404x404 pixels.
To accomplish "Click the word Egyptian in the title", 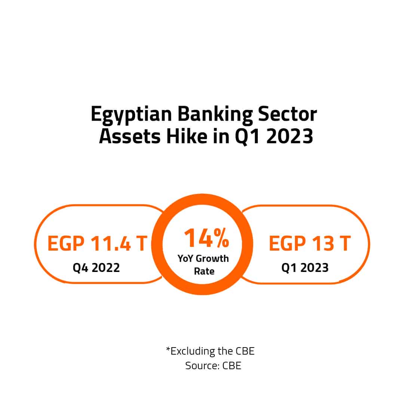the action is (x=131, y=114).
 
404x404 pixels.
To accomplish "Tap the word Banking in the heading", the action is (x=215, y=114).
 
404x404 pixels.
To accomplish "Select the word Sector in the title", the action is (x=287, y=114).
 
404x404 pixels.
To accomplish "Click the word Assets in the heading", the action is (x=130, y=136).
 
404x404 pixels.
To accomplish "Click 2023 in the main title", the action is (x=290, y=136).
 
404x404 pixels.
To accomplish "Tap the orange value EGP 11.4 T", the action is (x=97, y=243).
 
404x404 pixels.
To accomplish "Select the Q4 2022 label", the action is (x=96, y=268).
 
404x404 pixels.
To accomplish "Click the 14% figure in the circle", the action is (x=206, y=238).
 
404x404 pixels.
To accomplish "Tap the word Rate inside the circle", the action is (x=204, y=271).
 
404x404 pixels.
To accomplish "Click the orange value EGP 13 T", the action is (x=310, y=243).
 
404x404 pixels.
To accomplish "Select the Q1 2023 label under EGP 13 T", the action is (x=305, y=268).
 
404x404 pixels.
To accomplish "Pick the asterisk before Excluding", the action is (x=168, y=349).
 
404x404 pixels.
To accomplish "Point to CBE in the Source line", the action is (x=232, y=365).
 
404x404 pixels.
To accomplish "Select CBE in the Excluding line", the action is (x=245, y=351).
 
